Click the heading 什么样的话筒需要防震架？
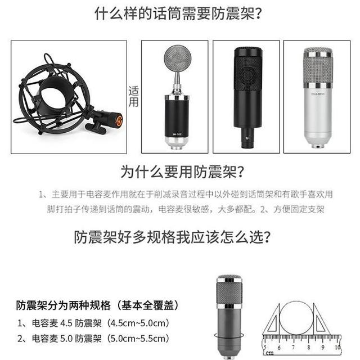coord(180,15)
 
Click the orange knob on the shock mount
coord(118,120)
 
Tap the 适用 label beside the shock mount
coord(134,96)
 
